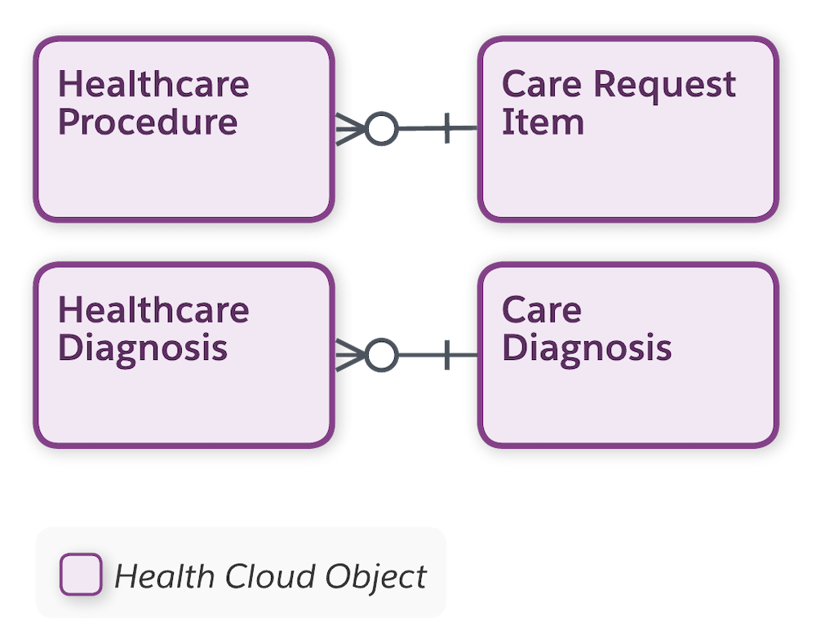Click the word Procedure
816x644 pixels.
coord(148,122)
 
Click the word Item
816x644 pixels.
coord(543,122)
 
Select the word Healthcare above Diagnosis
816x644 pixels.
coord(153,310)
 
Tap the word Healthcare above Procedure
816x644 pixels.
coord(153,85)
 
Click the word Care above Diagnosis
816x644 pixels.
coord(541,310)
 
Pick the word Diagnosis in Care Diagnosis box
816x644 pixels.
coord(586,349)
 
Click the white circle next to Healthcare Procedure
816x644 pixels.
coord(381,129)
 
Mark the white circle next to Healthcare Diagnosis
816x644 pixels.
coord(381,356)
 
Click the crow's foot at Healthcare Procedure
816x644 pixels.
coord(349,129)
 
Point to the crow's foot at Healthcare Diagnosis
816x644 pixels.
coord(349,356)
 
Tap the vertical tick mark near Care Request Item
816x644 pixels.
coord(447,129)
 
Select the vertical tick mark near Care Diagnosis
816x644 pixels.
coord(447,356)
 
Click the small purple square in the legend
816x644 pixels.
coord(81,574)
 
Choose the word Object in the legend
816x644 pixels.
coord(375,577)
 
